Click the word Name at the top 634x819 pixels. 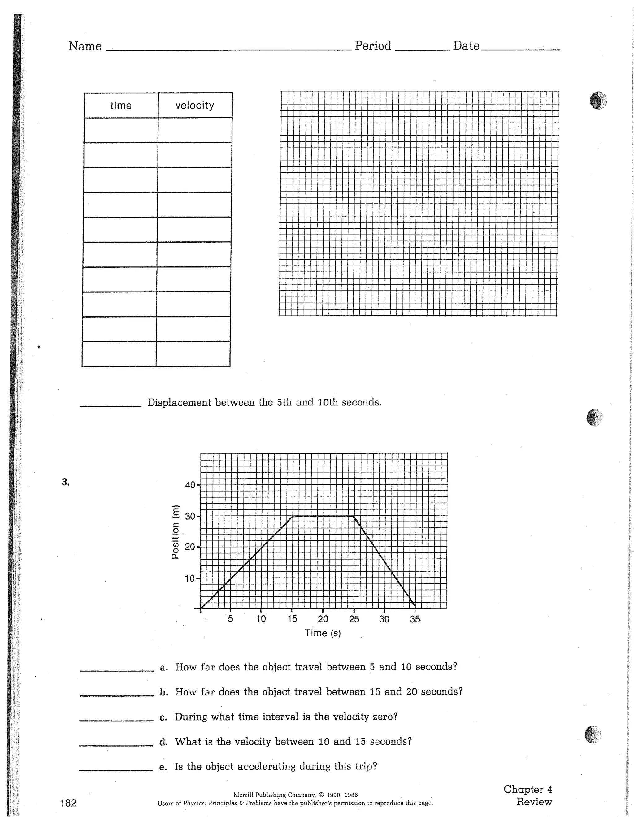coord(85,46)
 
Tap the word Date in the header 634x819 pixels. coord(466,46)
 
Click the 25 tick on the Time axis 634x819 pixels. coord(354,619)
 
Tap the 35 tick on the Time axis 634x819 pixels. coord(415,619)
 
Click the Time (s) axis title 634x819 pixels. coord(323,633)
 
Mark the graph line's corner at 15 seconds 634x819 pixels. coord(293,516)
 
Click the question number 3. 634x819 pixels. coord(66,482)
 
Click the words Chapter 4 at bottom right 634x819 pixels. coord(528,789)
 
